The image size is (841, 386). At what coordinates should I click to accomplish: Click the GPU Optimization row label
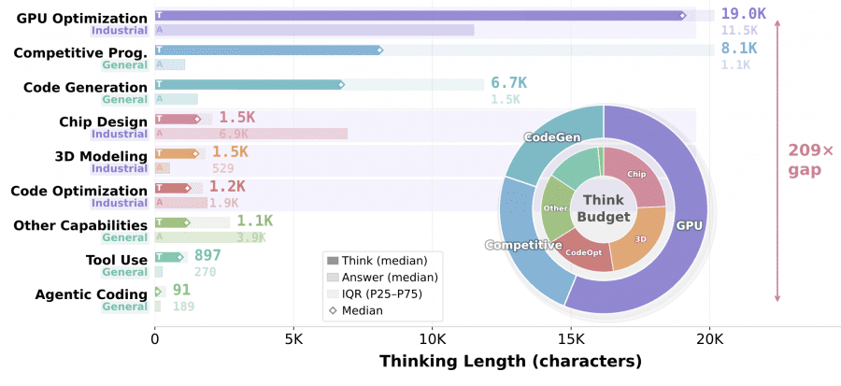[81, 18]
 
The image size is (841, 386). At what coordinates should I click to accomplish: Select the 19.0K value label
[745, 15]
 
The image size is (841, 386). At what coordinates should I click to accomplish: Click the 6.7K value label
[508, 84]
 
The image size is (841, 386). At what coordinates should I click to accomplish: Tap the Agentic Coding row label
[91, 294]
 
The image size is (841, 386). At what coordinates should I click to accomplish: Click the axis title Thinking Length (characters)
[510, 361]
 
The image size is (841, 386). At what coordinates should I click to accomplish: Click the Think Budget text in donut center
[603, 207]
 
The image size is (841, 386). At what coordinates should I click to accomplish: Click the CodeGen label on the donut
[551, 137]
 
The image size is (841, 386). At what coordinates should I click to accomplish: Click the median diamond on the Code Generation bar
[341, 85]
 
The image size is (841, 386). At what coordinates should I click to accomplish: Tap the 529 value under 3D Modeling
[222, 168]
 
